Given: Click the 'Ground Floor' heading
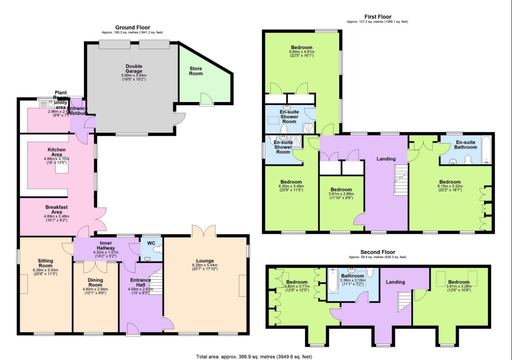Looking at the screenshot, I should click(132, 27).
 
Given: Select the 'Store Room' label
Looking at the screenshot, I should click(196, 71).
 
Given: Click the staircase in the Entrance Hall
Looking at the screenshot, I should click(156, 283).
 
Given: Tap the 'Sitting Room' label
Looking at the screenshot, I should click(45, 264).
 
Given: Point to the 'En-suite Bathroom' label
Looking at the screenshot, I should click(465, 144).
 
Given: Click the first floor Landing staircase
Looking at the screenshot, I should click(401, 180).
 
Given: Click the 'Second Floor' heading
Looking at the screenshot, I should click(378, 252).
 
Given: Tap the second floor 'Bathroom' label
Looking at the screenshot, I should click(353, 276).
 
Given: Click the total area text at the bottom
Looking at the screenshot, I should click(254, 356).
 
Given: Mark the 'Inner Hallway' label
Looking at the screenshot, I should click(105, 246).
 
